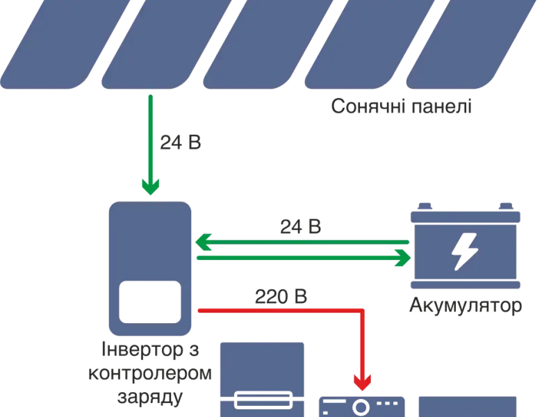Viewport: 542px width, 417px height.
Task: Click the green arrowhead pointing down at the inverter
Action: click(x=150, y=186)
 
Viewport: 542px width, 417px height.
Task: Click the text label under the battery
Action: click(x=464, y=306)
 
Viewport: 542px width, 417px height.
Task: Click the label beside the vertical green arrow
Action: click(x=181, y=142)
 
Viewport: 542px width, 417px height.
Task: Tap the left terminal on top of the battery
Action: click(x=425, y=206)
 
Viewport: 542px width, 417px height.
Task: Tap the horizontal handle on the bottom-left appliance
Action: click(x=264, y=400)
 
